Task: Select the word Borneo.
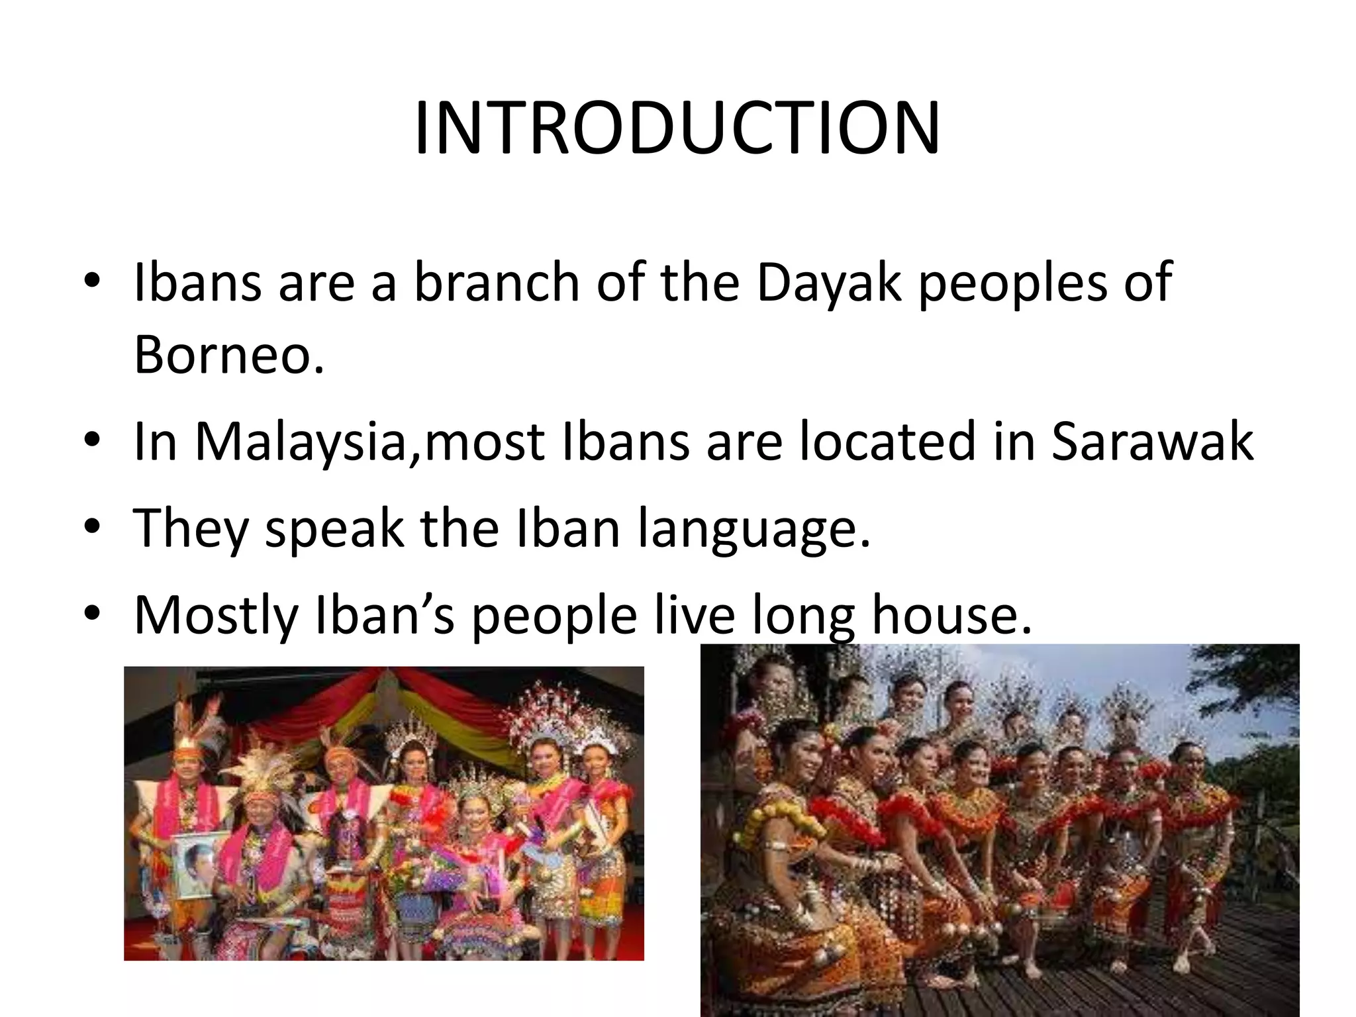point(229,354)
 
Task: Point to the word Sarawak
point(1152,442)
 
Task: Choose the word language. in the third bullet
point(753,528)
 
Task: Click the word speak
point(334,528)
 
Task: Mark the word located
point(887,442)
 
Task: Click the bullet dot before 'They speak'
point(93,527)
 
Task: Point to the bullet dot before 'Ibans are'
point(93,281)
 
